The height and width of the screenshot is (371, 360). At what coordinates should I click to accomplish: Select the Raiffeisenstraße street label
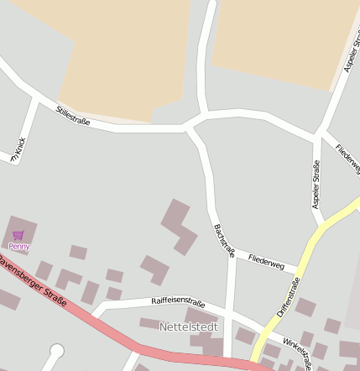tap(178, 301)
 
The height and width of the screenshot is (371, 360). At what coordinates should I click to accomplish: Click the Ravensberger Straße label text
tap(34, 285)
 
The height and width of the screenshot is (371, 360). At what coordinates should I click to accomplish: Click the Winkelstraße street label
tap(298, 353)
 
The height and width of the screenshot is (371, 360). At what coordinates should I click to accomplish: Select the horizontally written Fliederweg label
tap(267, 264)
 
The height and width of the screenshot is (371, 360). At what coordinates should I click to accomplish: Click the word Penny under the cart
tap(18, 247)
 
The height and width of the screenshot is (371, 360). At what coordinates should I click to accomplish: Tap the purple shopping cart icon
tap(18, 235)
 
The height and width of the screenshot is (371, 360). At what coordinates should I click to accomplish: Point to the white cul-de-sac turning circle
tap(57, 351)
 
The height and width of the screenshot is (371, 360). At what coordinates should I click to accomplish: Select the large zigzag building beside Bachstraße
tap(179, 227)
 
